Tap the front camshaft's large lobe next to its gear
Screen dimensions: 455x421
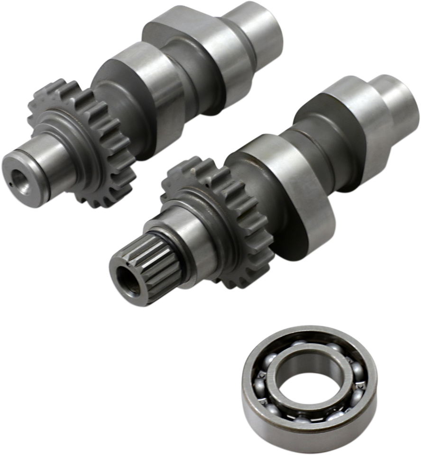click(x=289, y=175)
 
